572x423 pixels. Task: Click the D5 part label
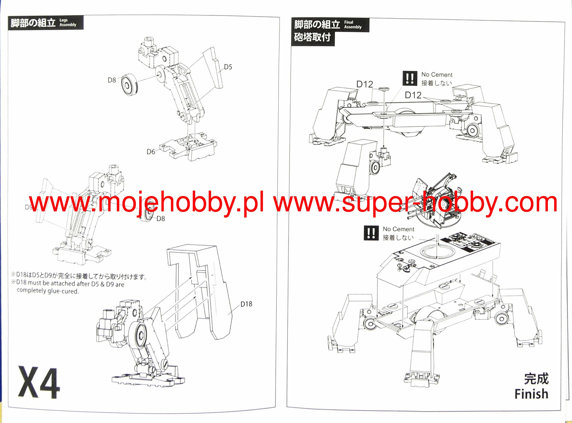(228, 67)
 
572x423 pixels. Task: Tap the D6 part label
(151, 152)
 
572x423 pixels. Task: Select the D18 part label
(246, 304)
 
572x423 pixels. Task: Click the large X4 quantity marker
(39, 383)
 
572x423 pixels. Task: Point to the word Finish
(531, 394)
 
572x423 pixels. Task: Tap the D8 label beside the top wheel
(112, 80)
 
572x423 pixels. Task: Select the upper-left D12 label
(365, 84)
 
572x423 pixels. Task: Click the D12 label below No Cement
(413, 95)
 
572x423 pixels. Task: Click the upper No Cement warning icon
(410, 78)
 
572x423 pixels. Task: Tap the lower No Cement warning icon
(371, 233)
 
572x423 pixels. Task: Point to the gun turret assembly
(432, 202)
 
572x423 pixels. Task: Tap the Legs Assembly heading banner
(45, 23)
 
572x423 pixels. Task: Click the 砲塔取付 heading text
(312, 37)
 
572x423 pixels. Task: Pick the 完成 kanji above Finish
(536, 379)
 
